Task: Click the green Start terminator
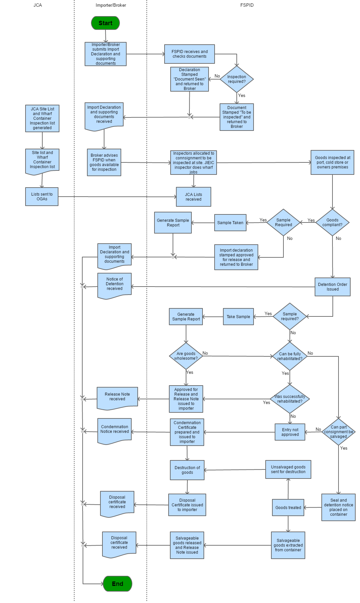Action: pyautogui.click(x=105, y=23)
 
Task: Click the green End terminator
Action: pyautogui.click(x=118, y=584)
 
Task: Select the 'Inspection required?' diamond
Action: pyautogui.click(x=236, y=79)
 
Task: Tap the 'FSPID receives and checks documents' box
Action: pyautogui.click(x=189, y=54)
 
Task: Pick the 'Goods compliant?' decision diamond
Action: pyautogui.click(x=332, y=222)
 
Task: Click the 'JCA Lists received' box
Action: pyautogui.click(x=193, y=197)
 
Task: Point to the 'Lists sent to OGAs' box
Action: pyautogui.click(x=42, y=197)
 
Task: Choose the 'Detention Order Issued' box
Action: pyautogui.click(x=332, y=287)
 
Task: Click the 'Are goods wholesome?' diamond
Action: pyautogui.click(x=186, y=356)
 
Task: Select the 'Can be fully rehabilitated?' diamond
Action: pyautogui.click(x=290, y=356)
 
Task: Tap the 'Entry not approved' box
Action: pyautogui.click(x=290, y=432)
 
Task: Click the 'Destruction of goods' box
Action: pyautogui.click(x=187, y=470)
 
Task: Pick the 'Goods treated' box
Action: pyautogui.click(x=288, y=507)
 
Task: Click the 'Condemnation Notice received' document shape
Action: pyautogui.click(x=115, y=430)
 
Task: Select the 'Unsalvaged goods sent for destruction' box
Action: pyautogui.click(x=288, y=469)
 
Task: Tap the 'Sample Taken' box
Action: pyautogui.click(x=230, y=223)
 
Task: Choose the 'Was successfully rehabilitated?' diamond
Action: pyautogui.click(x=290, y=399)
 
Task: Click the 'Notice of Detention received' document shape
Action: pyautogui.click(x=115, y=285)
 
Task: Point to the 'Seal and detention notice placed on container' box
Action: pyautogui.click(x=339, y=507)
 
